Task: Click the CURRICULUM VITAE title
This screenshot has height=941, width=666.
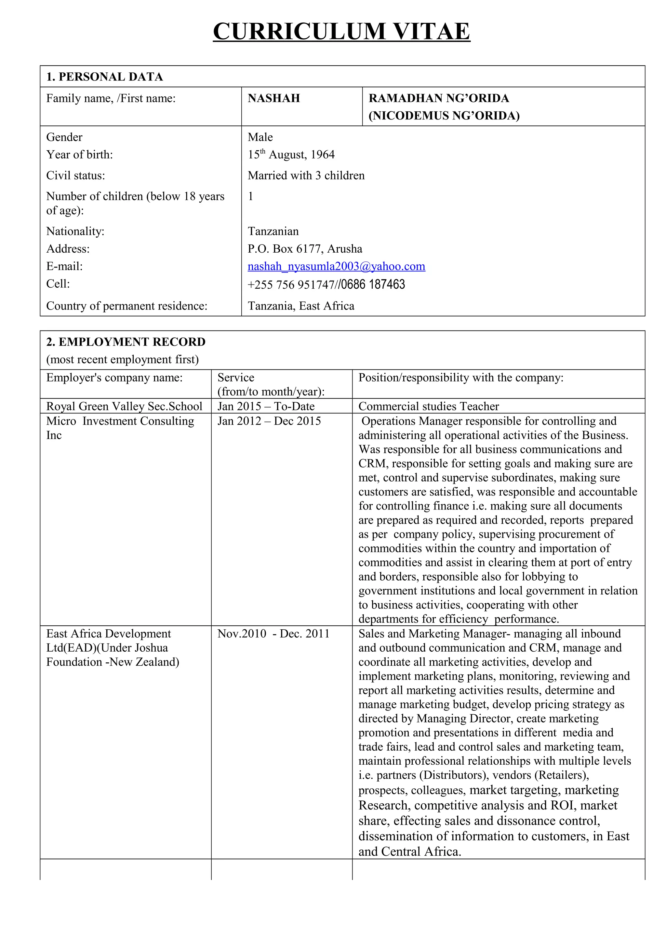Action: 341,31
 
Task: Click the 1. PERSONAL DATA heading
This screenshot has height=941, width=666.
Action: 104,77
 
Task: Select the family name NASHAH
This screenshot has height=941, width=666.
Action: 274,98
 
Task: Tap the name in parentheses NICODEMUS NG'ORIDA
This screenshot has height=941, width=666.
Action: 444,116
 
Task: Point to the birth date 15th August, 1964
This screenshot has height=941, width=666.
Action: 291,155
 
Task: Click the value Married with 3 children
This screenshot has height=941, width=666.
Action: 306,175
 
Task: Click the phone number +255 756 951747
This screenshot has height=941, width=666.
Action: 291,284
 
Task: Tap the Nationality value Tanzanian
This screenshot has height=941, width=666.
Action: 273,231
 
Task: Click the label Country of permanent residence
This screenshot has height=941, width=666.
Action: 127,306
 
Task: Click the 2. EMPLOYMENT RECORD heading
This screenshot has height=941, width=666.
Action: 126,342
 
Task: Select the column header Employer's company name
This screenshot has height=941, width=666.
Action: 114,377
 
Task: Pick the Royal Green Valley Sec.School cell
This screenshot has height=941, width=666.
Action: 124,406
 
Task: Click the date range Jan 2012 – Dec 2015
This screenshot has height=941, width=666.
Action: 269,421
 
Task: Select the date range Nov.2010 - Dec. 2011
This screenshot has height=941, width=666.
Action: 273,634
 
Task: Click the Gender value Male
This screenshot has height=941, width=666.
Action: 260,137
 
